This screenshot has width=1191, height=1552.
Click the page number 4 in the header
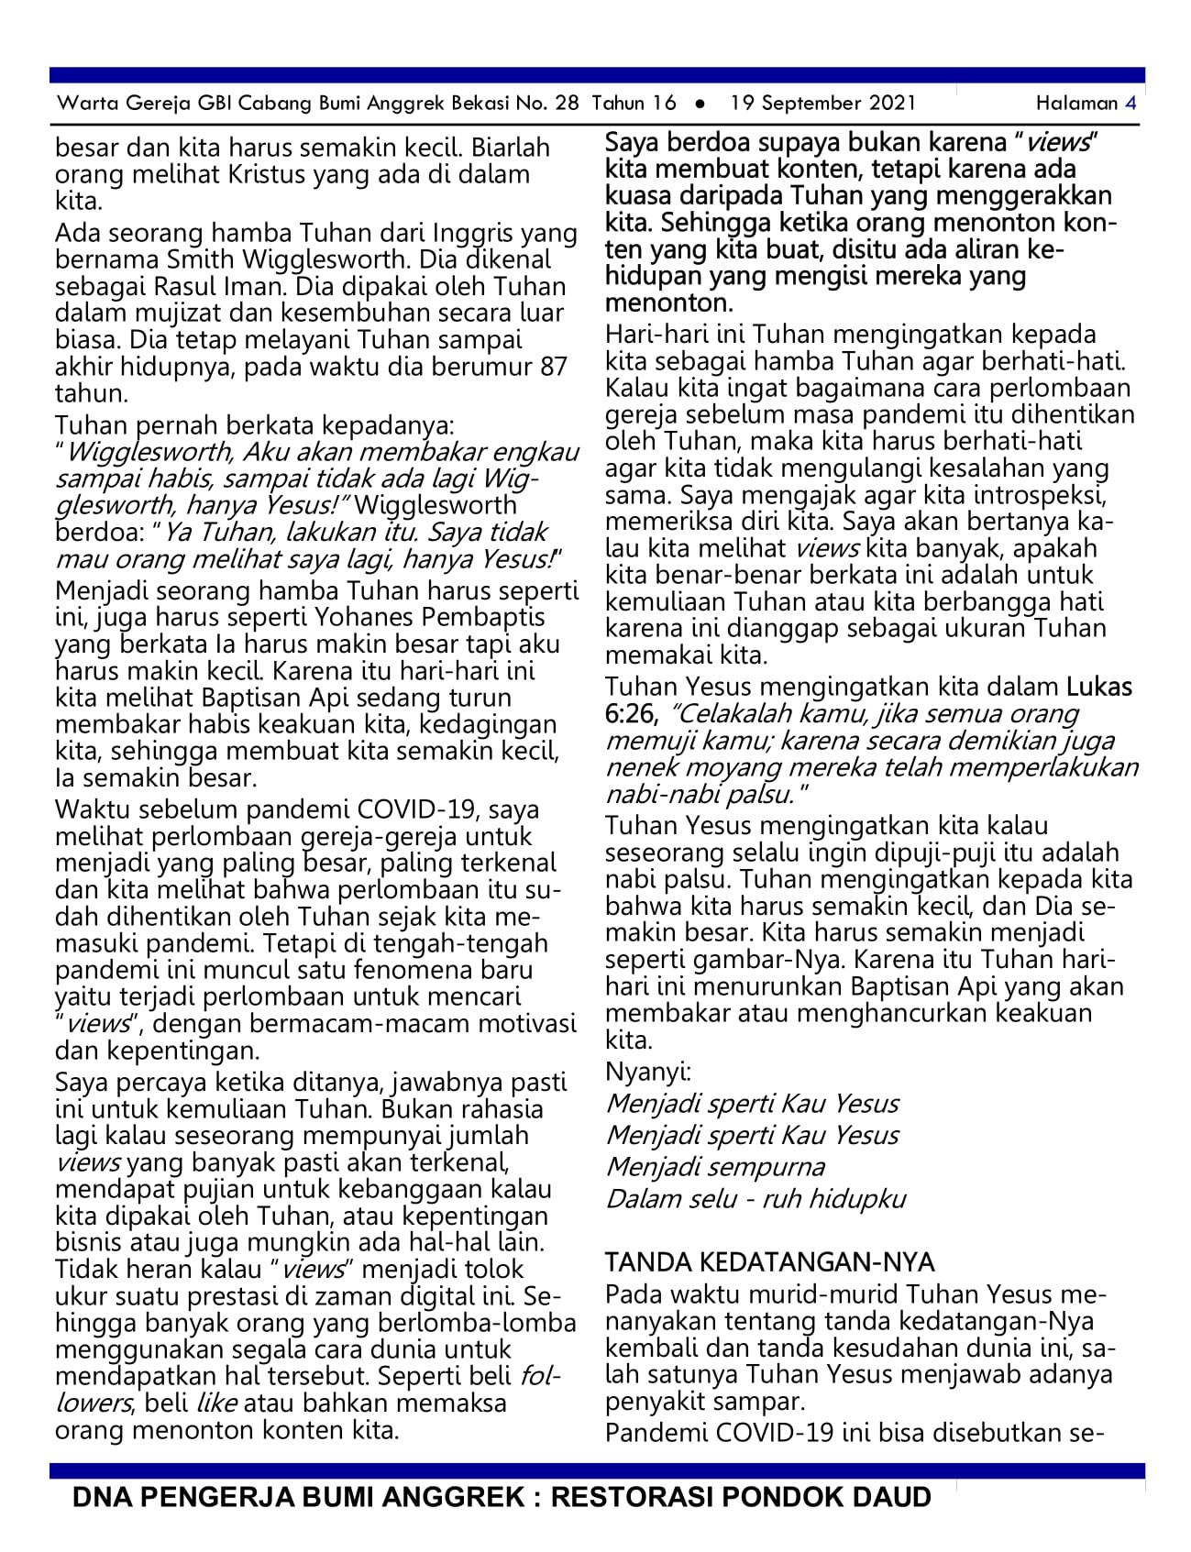1130,103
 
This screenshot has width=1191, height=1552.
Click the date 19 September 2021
822,103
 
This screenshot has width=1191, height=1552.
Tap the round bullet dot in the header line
700,104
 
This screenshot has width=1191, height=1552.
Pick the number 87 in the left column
553,367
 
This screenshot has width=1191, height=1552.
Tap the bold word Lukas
1098,687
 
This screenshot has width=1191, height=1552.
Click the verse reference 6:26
631,713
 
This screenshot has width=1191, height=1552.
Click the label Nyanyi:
648,1071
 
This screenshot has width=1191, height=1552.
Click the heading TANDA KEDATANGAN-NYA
769,1262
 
